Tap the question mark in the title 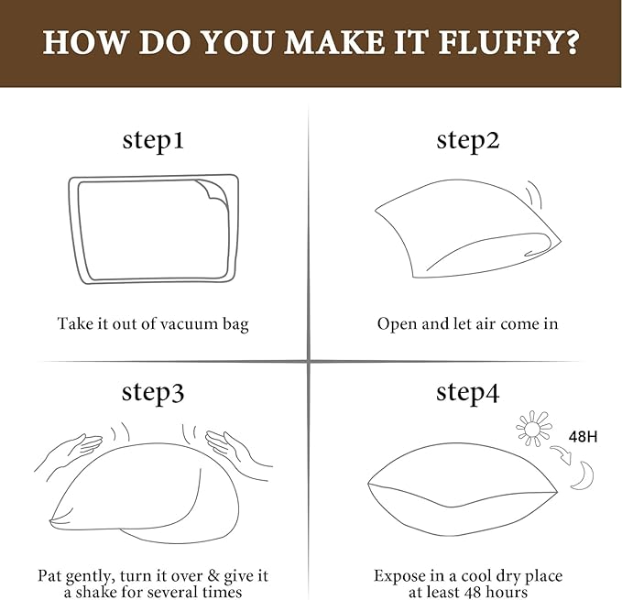(570, 42)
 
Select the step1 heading (153, 141)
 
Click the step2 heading (468, 141)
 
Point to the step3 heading (153, 393)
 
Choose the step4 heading (468, 393)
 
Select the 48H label (583, 437)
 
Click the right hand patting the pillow (238, 450)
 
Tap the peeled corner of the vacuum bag (214, 191)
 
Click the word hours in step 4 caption (503, 593)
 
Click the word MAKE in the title (334, 42)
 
